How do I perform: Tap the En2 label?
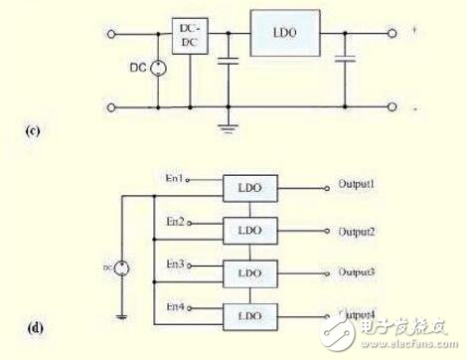(176, 222)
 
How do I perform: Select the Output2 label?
(356, 231)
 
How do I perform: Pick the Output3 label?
(356, 270)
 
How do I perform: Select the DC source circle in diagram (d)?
(123, 267)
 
